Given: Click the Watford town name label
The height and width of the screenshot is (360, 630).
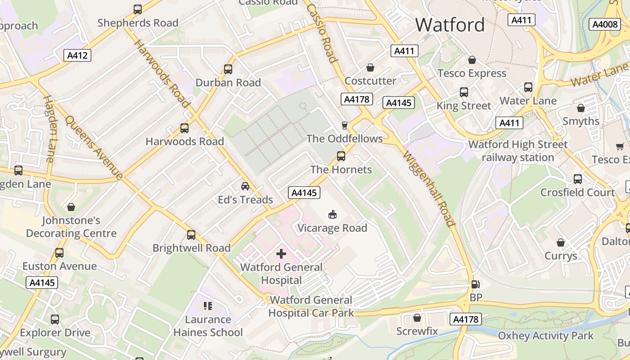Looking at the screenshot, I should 450,25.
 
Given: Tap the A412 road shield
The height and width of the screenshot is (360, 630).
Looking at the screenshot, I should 77,55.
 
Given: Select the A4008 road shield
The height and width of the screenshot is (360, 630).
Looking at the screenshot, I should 604,24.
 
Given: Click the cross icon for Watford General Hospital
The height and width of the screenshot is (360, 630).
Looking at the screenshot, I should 281,254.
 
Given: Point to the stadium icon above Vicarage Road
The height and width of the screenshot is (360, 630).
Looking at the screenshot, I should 333,214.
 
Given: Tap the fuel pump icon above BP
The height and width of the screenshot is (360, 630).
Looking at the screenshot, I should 475,284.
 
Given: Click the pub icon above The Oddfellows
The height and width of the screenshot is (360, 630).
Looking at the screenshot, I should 345,125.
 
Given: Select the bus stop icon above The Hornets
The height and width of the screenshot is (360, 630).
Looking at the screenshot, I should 341,156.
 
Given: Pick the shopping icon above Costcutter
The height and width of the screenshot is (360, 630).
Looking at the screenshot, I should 370,67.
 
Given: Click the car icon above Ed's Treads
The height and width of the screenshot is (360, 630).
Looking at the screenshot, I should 245,186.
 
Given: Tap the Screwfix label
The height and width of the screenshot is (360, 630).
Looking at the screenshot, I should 417,331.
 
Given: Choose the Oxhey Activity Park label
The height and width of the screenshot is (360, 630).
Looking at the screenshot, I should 546,336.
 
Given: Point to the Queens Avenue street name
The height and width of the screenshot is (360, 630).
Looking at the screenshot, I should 94,147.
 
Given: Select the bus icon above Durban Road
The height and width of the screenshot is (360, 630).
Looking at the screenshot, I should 228,69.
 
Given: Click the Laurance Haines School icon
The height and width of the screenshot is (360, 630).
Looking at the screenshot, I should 208,306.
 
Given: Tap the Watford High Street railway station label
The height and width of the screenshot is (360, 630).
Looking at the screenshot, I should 518,151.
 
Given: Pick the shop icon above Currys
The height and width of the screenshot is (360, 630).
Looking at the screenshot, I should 561,243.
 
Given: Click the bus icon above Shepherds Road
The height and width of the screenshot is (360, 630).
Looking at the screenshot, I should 138,9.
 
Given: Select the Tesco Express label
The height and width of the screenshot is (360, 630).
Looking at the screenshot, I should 472,73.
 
